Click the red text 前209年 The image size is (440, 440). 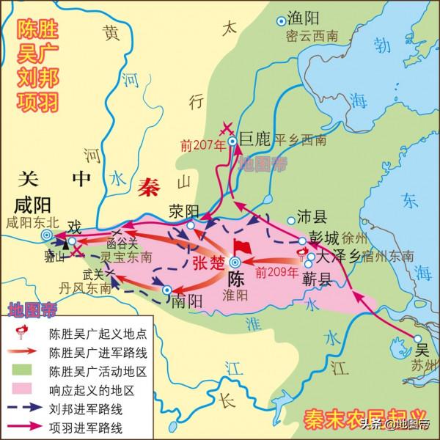[x=274, y=271]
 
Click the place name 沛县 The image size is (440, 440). [x=310, y=218]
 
